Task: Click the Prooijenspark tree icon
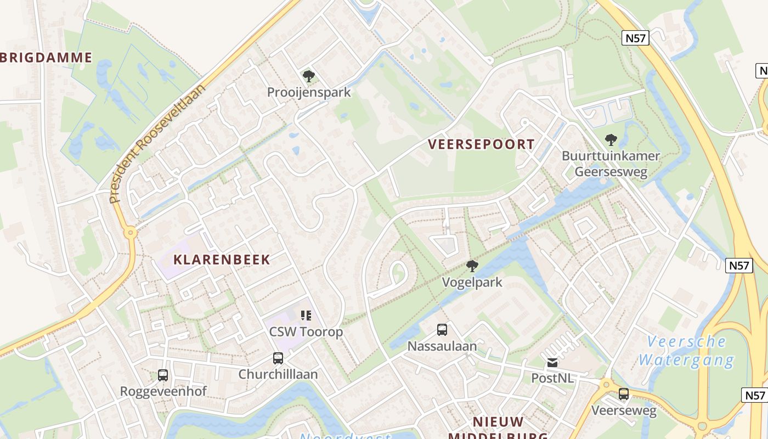[309, 76]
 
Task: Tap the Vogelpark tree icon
[472, 267]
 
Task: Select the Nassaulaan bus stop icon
[442, 330]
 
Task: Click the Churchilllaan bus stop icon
[278, 358]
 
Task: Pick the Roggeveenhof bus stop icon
[163, 375]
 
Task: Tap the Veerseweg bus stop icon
[624, 394]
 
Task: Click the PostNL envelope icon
[552, 363]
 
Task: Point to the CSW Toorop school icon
[306, 316]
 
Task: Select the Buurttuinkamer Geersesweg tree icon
[611, 140]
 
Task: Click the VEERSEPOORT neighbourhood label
[481, 144]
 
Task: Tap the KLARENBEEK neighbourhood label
[222, 260]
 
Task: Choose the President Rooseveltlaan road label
[157, 144]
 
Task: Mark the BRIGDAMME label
[46, 58]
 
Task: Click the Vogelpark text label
[472, 283]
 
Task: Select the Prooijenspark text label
[309, 92]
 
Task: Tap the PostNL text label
[552, 378]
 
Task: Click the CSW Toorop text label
[306, 331]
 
